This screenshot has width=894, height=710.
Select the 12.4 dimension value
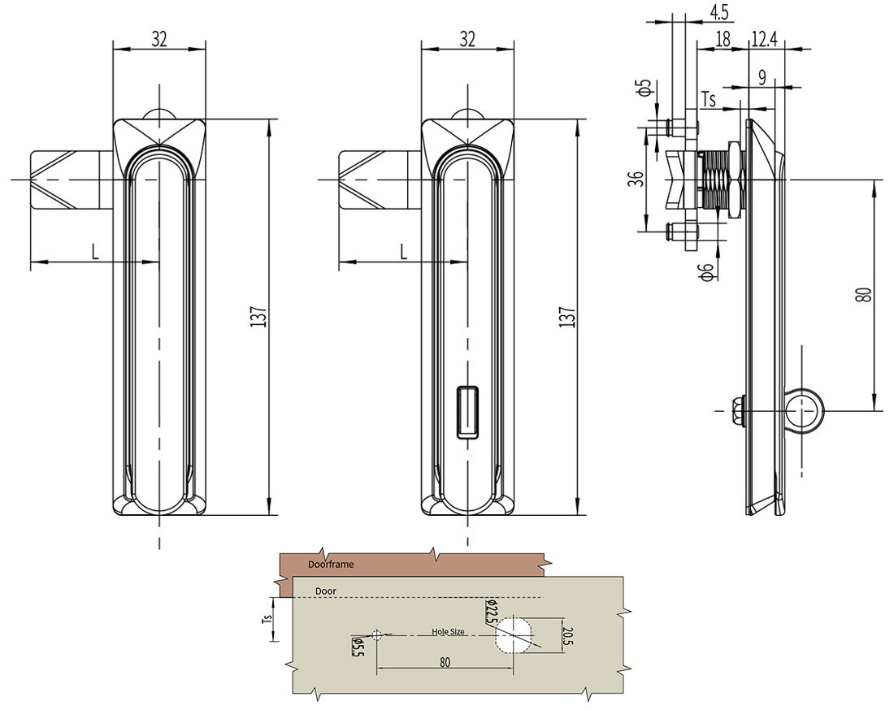[766, 38]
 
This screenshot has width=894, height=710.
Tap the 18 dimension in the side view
[723, 38]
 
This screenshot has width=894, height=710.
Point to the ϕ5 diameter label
[644, 88]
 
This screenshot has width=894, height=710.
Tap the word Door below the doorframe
[326, 591]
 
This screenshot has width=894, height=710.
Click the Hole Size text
[448, 631]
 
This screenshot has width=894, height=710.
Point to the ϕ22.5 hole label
[491, 611]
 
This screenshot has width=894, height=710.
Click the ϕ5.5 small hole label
[356, 647]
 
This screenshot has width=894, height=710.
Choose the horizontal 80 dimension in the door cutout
[445, 662]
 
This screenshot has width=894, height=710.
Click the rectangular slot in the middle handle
[467, 413]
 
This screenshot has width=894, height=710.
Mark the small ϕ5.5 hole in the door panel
[376, 634]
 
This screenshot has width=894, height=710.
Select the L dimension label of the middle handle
[403, 252]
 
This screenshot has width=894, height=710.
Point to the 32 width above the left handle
[159, 38]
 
